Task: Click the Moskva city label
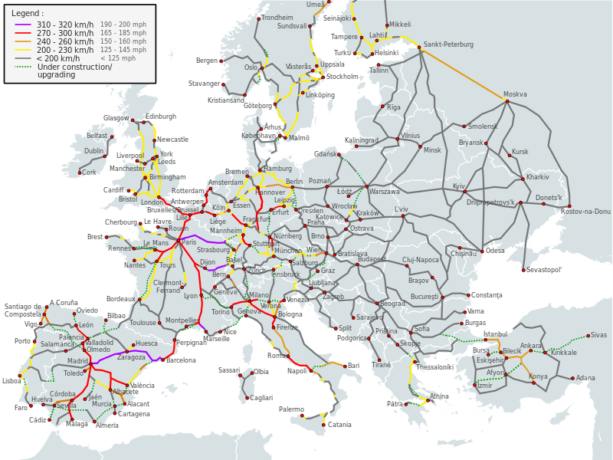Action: [515, 94]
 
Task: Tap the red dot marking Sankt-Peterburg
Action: [421, 51]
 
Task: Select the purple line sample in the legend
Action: [23, 25]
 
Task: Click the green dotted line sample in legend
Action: [23, 67]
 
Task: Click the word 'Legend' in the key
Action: [26, 13]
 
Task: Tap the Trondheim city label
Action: [277, 18]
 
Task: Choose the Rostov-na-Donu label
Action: [586, 212]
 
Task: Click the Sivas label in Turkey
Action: [598, 335]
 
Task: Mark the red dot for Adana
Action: [572, 378]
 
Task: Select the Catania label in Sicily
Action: [339, 425]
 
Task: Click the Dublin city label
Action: [93, 152]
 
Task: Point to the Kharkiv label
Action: [538, 177]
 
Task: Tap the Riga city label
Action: [393, 107]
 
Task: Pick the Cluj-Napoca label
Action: [421, 260]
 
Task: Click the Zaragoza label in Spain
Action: [131, 357]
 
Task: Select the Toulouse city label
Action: [143, 323]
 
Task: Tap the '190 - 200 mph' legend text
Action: [123, 25]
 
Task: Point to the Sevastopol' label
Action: [544, 270]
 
